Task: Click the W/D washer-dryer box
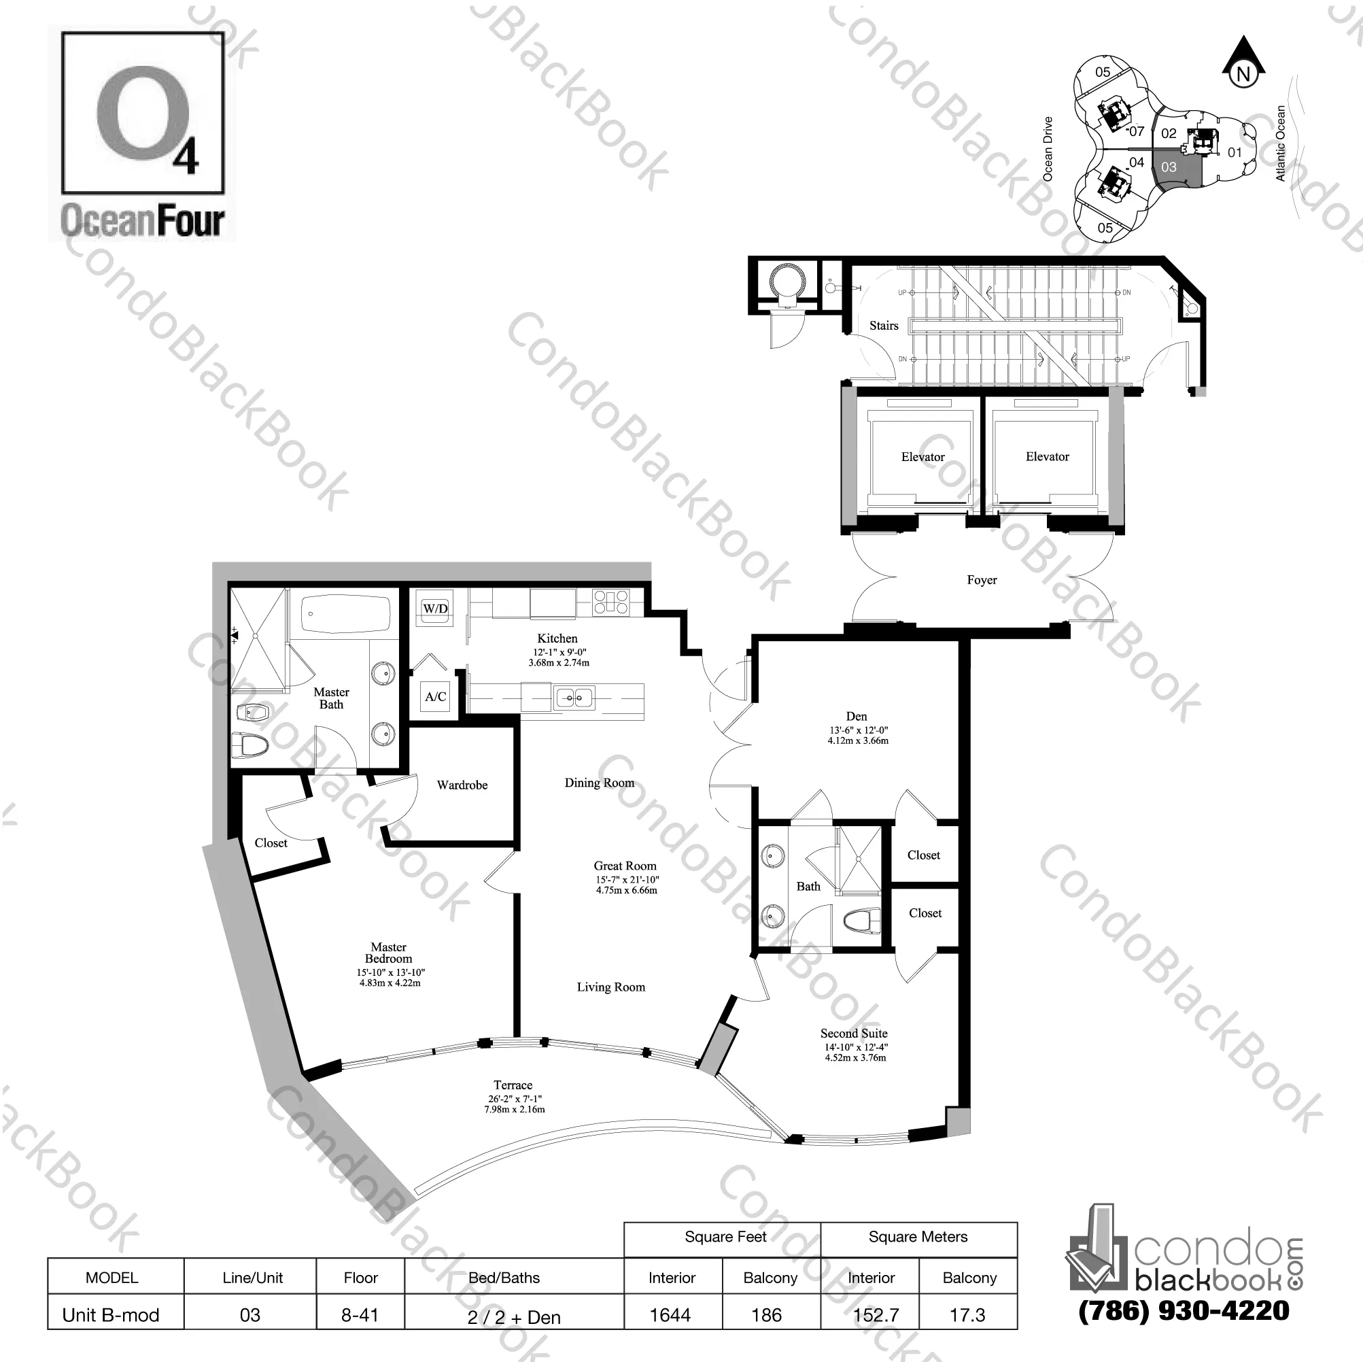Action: pos(435,609)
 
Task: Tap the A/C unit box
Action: pos(435,696)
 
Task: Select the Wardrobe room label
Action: pos(462,785)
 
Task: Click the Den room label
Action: pos(857,715)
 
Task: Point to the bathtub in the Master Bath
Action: pos(346,615)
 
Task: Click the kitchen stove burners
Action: pos(611,602)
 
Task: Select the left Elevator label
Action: pos(922,456)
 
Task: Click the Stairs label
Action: pos(883,325)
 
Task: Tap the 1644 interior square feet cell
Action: pos(670,1314)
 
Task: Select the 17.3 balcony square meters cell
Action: pos(967,1314)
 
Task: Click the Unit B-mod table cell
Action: pos(111,1314)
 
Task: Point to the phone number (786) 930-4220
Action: pos(1184,1310)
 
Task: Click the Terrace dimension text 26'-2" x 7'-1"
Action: pos(514,1099)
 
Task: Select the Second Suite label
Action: pos(854,1033)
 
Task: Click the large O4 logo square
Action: pos(143,114)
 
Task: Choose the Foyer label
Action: pos(982,580)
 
